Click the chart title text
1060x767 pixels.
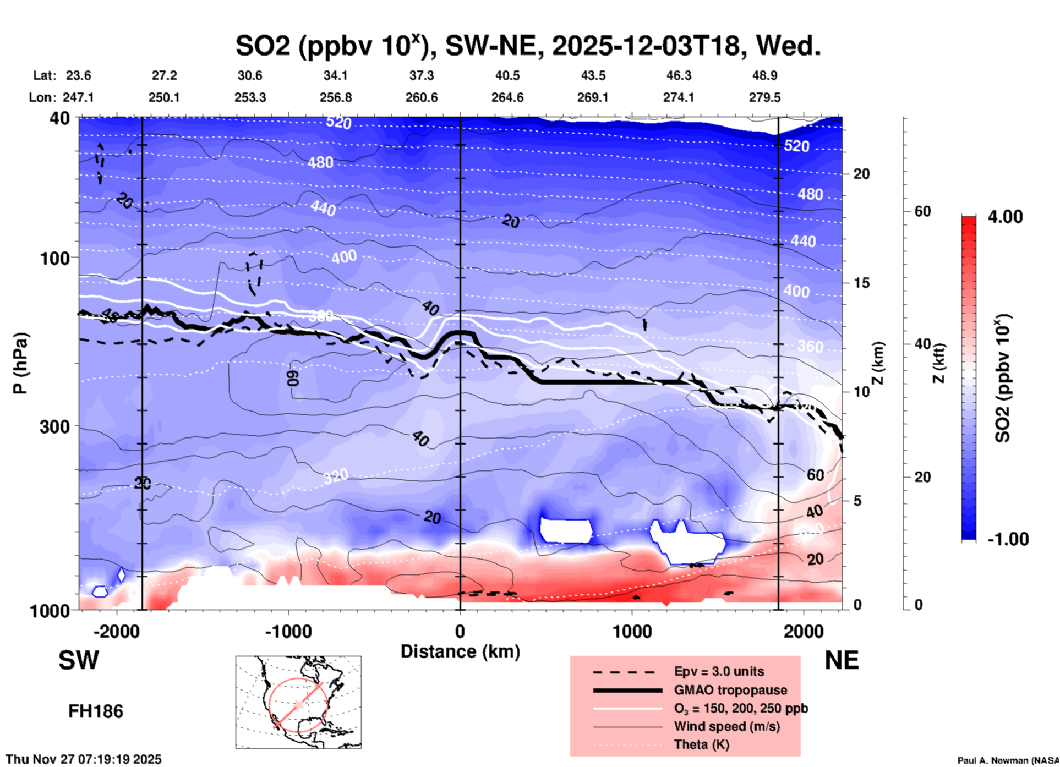coord(528,45)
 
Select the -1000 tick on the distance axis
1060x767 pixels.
coord(288,632)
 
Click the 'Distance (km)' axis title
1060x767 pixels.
coord(460,651)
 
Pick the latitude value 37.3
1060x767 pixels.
coord(421,75)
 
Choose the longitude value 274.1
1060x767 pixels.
coord(678,97)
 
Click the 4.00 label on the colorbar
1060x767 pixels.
coord(1005,217)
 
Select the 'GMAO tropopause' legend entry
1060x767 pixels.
coord(730,690)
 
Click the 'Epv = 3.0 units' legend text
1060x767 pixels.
coord(718,672)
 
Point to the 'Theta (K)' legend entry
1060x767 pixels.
coord(701,744)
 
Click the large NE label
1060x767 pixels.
coord(842,660)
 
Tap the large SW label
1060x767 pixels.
coord(79,660)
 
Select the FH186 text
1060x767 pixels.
coord(96,711)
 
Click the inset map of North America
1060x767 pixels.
coord(298,702)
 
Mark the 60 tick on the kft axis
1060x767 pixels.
coord(922,211)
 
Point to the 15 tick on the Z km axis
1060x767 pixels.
coord(861,283)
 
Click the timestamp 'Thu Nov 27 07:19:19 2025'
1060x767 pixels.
coord(84,759)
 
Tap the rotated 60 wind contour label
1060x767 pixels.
coord(293,377)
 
